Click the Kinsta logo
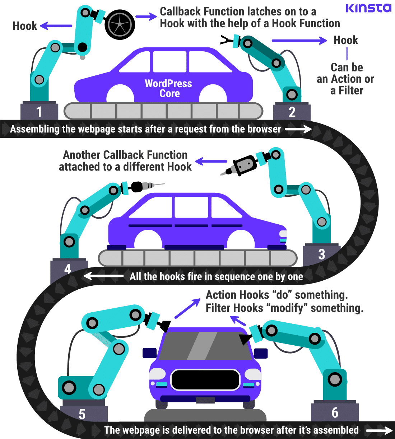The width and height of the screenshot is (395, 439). (x=368, y=8)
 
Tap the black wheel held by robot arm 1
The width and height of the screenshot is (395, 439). (x=120, y=25)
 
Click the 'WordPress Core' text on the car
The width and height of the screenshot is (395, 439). (x=168, y=88)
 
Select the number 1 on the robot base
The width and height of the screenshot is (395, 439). (x=39, y=112)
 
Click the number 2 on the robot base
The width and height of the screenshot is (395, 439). (x=292, y=112)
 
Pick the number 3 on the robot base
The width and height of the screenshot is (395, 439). (x=321, y=254)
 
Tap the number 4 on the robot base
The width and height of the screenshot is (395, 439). (x=68, y=268)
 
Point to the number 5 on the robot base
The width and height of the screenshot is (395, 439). (x=82, y=414)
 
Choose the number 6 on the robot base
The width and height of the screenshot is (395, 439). (x=335, y=412)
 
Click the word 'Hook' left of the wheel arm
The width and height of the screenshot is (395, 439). (x=25, y=26)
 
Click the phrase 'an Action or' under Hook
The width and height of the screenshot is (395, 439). (x=345, y=79)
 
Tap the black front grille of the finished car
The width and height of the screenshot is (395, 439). (x=205, y=380)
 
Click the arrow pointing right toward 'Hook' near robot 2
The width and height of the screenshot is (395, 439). (x=299, y=41)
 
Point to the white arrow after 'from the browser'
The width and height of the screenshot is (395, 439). (x=298, y=129)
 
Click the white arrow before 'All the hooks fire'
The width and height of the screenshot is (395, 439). (x=103, y=276)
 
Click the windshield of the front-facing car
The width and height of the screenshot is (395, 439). (x=205, y=346)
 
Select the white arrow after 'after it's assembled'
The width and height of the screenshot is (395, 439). (x=378, y=430)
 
